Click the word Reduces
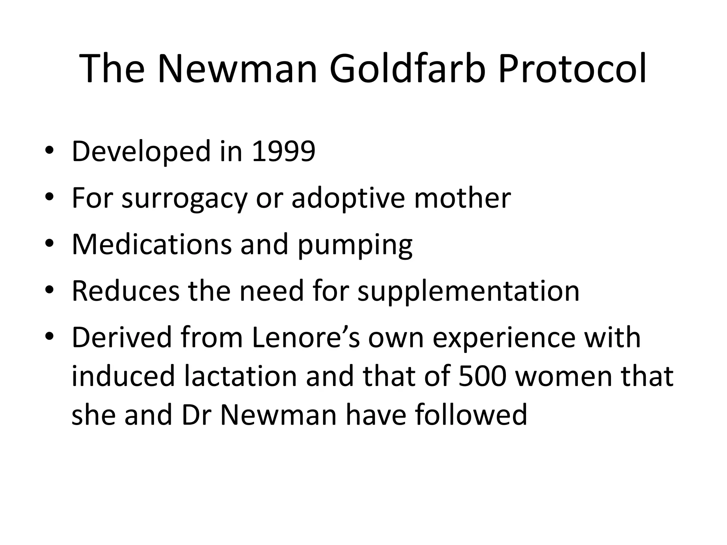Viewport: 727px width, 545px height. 126,291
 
